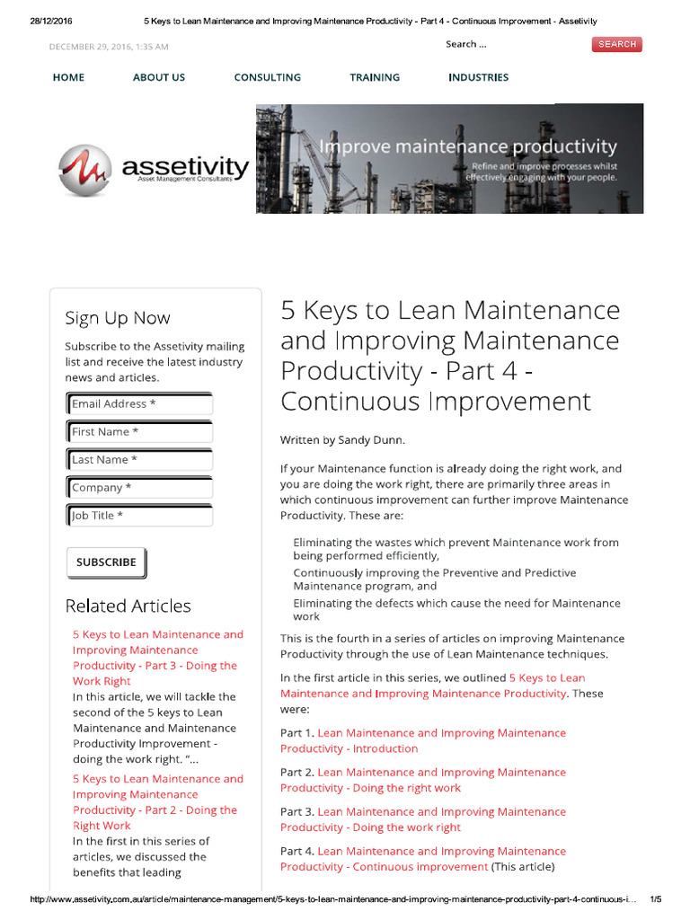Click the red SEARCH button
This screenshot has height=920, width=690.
click(617, 44)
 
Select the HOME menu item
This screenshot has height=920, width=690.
click(68, 77)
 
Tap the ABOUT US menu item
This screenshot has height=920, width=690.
click(159, 77)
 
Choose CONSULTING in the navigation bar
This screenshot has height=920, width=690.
click(267, 77)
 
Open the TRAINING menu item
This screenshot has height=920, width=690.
click(375, 77)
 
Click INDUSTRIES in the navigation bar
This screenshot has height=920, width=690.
click(478, 77)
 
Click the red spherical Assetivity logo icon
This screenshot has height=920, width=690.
click(84, 170)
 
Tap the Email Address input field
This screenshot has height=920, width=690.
click(140, 404)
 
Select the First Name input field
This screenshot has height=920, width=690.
click(140, 432)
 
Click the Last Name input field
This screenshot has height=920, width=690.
click(140, 460)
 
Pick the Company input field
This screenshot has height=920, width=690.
click(140, 488)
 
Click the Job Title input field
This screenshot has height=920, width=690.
click(140, 516)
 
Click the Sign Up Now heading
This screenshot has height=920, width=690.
click(117, 318)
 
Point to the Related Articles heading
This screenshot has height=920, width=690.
click(128, 606)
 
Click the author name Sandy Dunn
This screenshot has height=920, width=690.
click(371, 440)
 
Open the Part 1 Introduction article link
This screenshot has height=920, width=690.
click(422, 740)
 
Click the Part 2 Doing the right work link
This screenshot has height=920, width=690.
click(422, 780)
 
